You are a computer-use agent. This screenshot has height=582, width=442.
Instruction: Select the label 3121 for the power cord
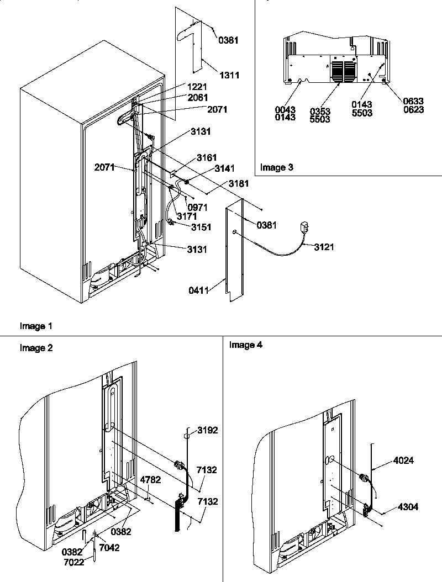tap(325, 247)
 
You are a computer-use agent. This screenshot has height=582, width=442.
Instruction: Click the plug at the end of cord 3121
tap(304, 226)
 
